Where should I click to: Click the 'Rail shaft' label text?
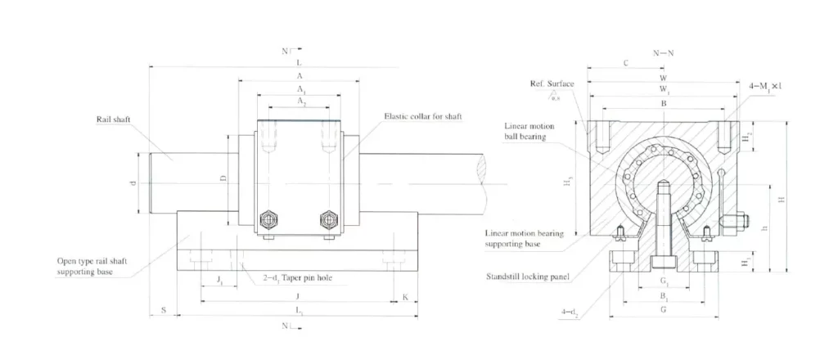click(x=108, y=119)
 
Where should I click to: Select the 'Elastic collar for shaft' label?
click(x=423, y=117)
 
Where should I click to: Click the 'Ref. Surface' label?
click(x=552, y=84)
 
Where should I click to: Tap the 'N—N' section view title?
click(x=664, y=52)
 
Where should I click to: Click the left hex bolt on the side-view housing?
click(x=267, y=219)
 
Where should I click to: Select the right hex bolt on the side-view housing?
click(x=328, y=219)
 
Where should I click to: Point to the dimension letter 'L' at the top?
click(x=299, y=62)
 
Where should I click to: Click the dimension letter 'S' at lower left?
click(x=164, y=310)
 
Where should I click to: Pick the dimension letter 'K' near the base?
click(x=405, y=297)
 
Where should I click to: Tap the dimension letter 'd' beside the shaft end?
click(x=133, y=182)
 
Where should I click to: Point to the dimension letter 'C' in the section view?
click(x=625, y=62)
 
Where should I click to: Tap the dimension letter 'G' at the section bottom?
click(x=663, y=311)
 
